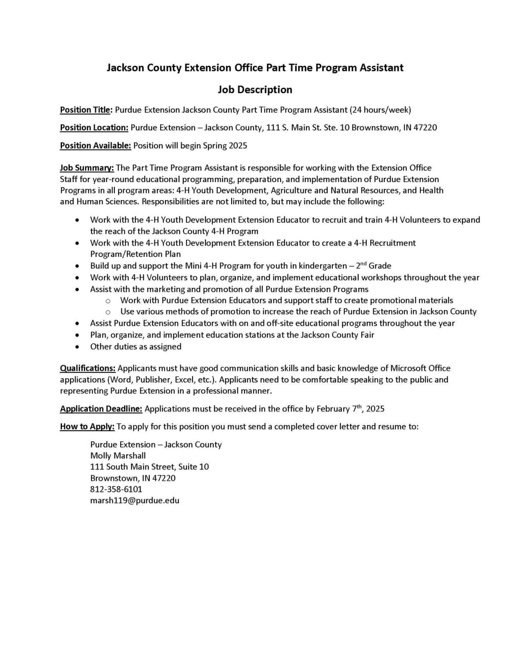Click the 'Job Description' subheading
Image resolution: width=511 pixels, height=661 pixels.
pyautogui.click(x=255, y=90)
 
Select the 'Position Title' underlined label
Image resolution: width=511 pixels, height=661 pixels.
pyautogui.click(x=85, y=110)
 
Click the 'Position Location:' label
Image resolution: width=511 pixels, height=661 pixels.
pyautogui.click(x=94, y=128)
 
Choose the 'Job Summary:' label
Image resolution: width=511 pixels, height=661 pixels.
pyautogui.click(x=87, y=167)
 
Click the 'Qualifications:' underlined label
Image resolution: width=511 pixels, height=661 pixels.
pyautogui.click(x=87, y=368)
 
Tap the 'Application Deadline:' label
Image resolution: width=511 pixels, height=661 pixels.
pyautogui.click(x=101, y=409)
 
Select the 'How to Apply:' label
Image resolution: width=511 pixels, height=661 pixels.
pyautogui.click(x=87, y=427)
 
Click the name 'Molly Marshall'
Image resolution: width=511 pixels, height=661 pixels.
pyautogui.click(x=118, y=455)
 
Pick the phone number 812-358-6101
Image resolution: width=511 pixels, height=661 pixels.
pyautogui.click(x=116, y=489)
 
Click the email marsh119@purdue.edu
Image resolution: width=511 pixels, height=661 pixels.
pyautogui.click(x=135, y=500)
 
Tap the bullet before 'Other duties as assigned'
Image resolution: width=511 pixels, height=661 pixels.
pyautogui.click(x=77, y=346)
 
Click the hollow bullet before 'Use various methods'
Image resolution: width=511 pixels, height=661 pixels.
pyautogui.click(x=108, y=312)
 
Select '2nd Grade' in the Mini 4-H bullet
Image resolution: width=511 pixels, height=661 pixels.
pyautogui.click(x=374, y=266)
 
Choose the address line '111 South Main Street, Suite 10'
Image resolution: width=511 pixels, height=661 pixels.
pyautogui.click(x=149, y=466)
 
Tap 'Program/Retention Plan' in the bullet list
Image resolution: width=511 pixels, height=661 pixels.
pyautogui.click(x=135, y=254)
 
